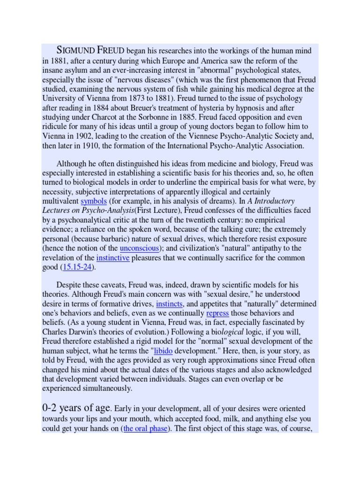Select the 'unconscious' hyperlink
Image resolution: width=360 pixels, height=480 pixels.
(x=139, y=248)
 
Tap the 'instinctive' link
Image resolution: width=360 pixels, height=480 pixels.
(x=112, y=257)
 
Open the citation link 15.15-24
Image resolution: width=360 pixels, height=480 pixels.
(x=77, y=267)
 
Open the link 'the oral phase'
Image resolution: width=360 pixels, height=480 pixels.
(x=145, y=428)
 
